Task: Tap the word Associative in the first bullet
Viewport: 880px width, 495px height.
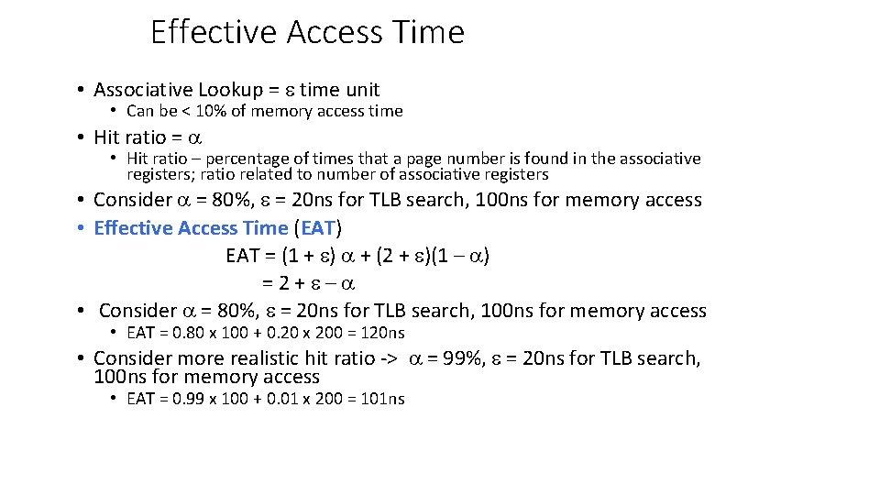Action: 143,90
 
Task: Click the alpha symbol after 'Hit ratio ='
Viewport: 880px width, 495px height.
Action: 193,137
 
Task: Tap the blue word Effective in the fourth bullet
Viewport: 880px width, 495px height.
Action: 134,228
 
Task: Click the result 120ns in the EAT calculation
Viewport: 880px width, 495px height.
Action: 382,333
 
